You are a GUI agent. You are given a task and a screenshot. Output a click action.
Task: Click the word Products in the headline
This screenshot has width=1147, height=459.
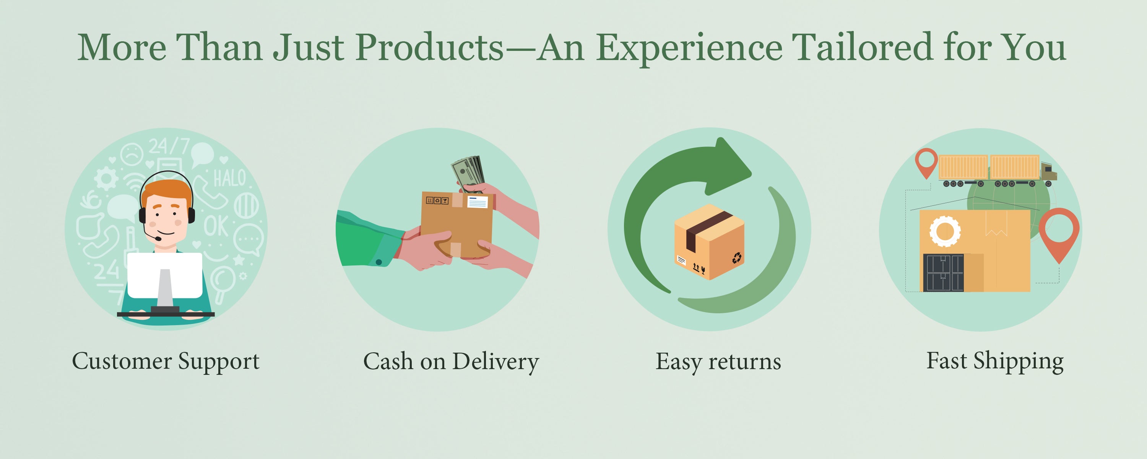coord(429,47)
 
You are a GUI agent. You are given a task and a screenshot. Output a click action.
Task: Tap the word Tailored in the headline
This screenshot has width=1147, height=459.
coord(861,47)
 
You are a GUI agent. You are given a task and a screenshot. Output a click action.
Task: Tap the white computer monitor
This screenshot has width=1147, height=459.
coord(165,275)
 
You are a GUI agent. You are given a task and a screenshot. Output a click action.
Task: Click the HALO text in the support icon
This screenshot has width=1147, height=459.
coord(230,178)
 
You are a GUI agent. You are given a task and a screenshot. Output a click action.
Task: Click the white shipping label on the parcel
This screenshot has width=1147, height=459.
coord(477,202)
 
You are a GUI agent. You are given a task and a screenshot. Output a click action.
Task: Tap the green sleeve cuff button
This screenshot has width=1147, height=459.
coord(379,262)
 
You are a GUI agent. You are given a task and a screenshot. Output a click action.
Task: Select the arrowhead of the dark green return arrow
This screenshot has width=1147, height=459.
coord(728,166)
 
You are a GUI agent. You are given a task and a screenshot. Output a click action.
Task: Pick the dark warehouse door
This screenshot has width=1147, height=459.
coord(943,273)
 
